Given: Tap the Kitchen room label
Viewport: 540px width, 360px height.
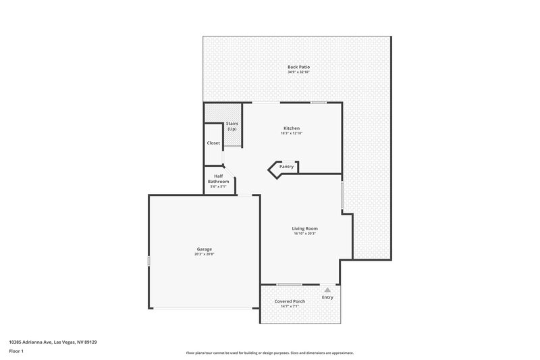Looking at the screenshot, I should (292, 128).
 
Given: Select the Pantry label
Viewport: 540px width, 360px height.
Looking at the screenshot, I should (286, 166).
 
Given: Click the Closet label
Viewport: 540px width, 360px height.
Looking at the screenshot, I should (213, 143).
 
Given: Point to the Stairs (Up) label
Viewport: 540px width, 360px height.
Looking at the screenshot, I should (232, 126).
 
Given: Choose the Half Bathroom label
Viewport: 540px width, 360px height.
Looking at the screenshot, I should (218, 179).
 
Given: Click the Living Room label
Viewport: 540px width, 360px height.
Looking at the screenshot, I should (305, 228).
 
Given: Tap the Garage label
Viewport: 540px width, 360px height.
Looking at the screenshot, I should (205, 249).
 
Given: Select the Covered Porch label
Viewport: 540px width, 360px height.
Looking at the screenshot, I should (290, 301).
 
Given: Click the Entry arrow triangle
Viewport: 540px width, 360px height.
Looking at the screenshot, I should (327, 290).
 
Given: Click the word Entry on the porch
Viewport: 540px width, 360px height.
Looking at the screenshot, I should (327, 297).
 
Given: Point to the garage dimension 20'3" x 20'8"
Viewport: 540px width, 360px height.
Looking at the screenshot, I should (205, 255).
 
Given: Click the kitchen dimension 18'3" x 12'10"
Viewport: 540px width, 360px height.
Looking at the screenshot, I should (292, 134).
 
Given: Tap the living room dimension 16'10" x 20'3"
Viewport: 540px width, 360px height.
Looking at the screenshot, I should (305, 234).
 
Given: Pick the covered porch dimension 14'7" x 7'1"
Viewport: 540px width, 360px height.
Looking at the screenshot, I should (290, 307).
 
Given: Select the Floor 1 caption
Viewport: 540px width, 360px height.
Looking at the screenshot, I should (16, 352).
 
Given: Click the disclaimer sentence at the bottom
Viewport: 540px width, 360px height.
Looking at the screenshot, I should (269, 353).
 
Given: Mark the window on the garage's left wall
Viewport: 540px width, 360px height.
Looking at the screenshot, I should (148, 261).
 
